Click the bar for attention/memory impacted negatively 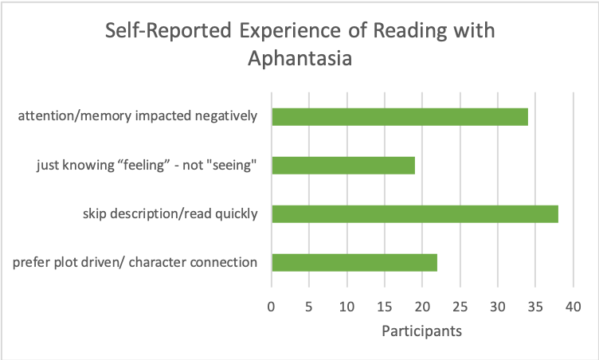click(399, 117)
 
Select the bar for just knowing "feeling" click(343, 166)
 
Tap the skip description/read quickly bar click(414, 214)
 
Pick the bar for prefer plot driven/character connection click(354, 263)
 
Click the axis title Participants click(421, 330)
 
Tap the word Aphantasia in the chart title click(299, 59)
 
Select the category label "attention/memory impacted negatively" click(138, 117)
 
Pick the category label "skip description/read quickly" click(170, 214)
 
